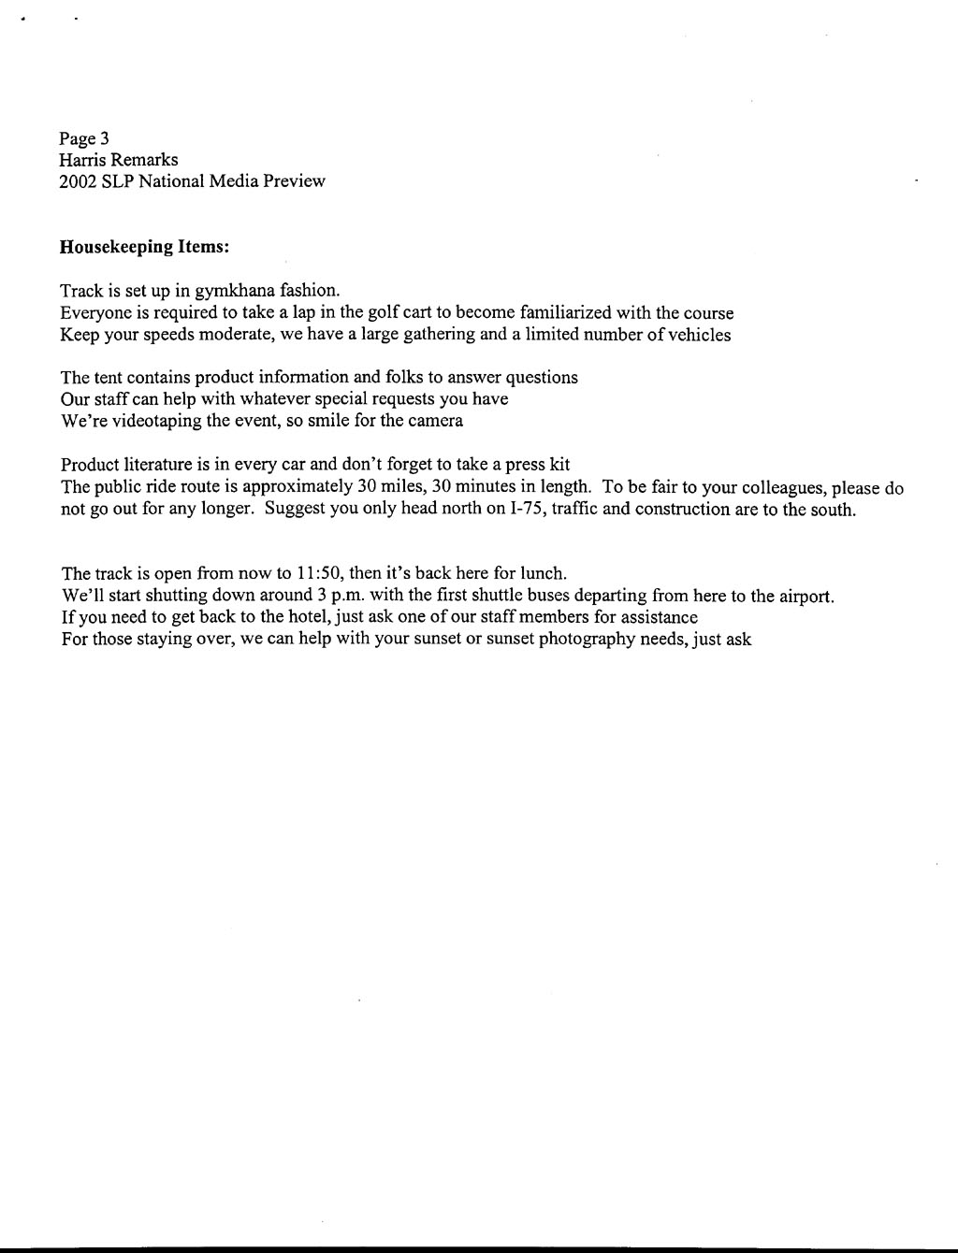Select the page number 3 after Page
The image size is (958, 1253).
click(105, 138)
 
